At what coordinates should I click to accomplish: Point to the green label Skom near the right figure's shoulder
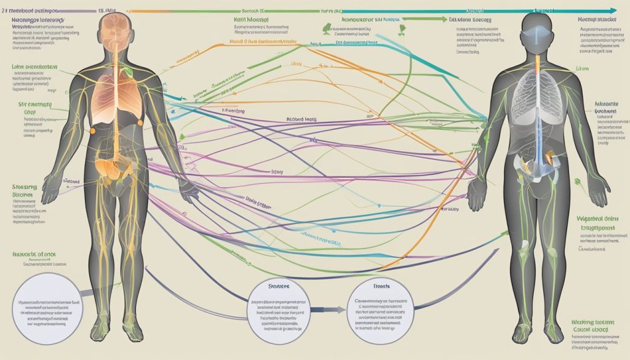(582, 71)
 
